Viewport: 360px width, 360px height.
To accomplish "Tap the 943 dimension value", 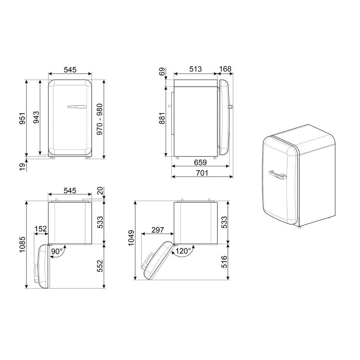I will click(36, 117).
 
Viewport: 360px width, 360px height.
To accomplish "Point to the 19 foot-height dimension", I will click(22, 167).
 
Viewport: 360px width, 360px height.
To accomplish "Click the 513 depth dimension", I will click(196, 69).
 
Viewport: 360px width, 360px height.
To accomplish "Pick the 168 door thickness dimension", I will click(225, 69).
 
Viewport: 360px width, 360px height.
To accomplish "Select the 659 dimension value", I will click(200, 162).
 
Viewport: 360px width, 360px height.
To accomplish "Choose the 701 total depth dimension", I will click(202, 173).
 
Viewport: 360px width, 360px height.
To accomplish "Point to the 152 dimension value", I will click(41, 229).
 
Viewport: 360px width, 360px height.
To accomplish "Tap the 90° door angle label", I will click(57, 251).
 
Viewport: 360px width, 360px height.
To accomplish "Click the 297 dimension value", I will click(157, 230).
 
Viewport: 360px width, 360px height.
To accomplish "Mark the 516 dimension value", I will click(224, 262).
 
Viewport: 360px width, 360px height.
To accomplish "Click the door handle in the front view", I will click(77, 106).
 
